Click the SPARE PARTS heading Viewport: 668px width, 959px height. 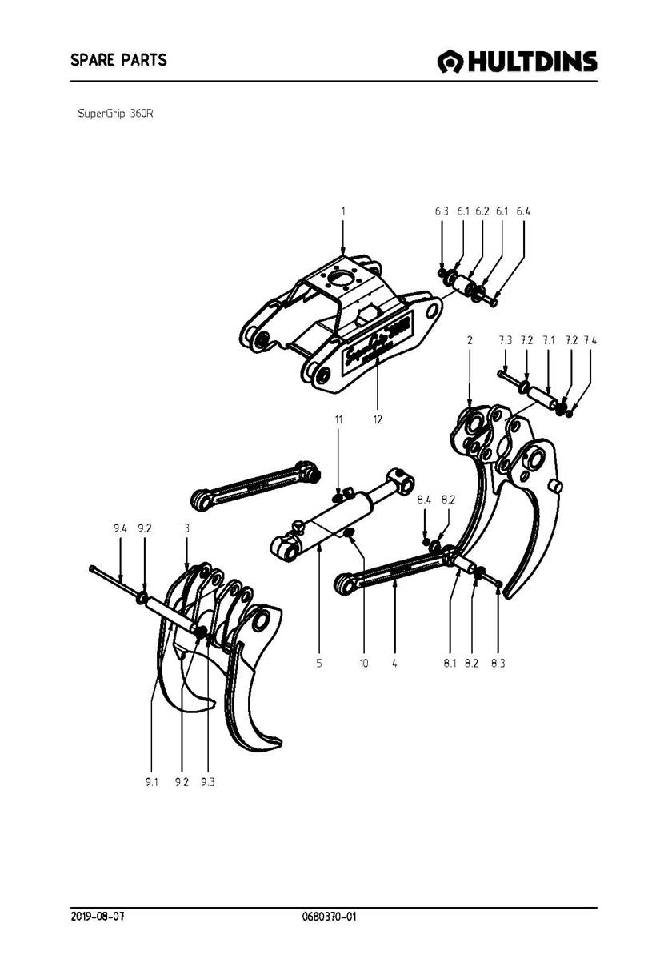tap(118, 60)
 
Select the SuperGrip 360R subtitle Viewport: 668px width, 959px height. tap(115, 114)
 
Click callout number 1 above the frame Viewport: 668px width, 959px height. tap(343, 211)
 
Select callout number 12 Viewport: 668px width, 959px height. tap(378, 419)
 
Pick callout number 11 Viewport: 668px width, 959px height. tap(338, 419)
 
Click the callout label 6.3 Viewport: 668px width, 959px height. tap(442, 211)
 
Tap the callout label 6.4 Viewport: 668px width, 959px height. tap(523, 211)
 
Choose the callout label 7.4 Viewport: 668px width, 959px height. tap(590, 340)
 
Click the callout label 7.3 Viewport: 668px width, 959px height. tap(505, 340)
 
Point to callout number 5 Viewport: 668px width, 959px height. tap(319, 663)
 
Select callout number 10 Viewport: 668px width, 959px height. tap(364, 663)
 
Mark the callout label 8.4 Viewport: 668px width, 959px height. tap(424, 500)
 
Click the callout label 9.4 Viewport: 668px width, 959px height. tap(120, 528)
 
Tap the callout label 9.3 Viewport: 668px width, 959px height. tap(208, 781)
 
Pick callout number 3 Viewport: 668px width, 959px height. tap(187, 528)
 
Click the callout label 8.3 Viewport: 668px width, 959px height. tap(498, 663)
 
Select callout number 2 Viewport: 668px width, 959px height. tap(470, 340)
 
